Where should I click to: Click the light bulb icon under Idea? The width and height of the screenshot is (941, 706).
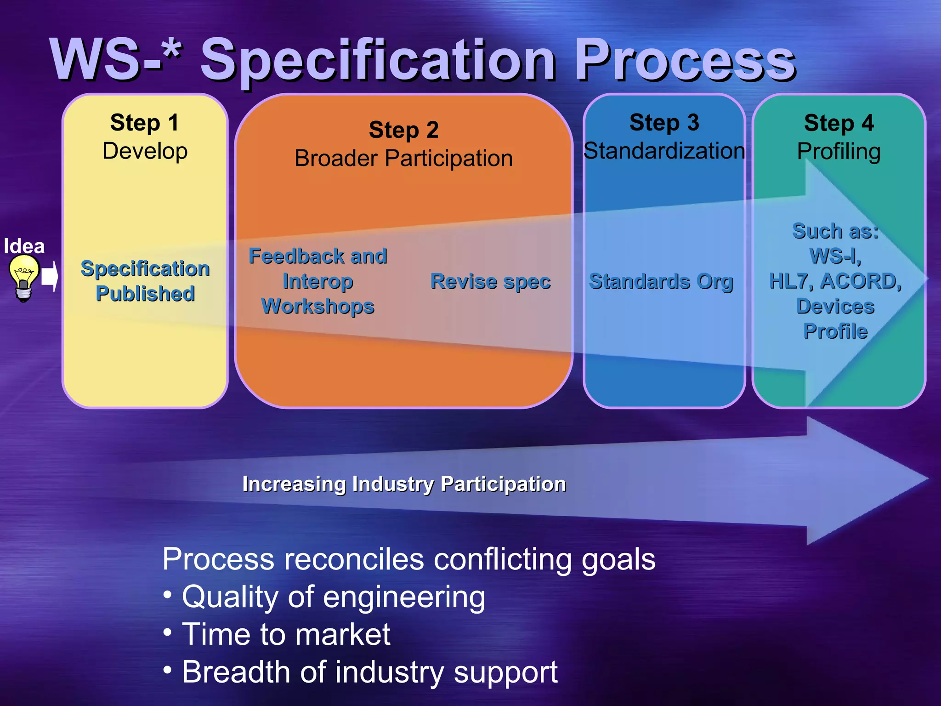24,278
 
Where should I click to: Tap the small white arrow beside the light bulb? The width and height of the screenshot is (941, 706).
50,277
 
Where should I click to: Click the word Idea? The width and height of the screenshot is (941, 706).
24,246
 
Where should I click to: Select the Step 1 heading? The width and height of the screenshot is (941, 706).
144,123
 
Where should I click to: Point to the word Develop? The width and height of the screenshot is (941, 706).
145,151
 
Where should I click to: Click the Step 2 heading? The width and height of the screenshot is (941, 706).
403,130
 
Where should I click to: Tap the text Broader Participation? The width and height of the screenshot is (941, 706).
403,159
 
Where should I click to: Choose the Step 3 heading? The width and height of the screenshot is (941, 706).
664,123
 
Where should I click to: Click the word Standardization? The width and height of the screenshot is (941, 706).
664,151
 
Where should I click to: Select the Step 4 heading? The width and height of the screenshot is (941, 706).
839,123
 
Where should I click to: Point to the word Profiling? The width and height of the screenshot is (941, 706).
839,152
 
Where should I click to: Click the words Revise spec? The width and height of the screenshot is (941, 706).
490,281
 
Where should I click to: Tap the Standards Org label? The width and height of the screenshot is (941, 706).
661,281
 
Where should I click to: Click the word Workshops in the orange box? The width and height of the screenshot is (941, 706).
317,307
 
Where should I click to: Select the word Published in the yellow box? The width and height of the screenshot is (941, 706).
145,294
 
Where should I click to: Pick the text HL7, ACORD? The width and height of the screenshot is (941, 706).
835,281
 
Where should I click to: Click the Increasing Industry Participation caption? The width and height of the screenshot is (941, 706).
404,484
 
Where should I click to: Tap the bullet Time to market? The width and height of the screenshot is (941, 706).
286,635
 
